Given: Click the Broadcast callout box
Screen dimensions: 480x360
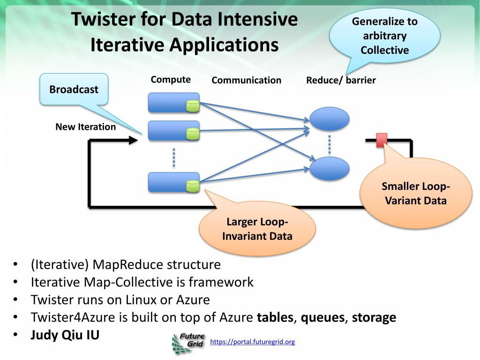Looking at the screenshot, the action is (x=74, y=89).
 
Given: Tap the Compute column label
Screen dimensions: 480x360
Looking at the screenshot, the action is (x=171, y=80).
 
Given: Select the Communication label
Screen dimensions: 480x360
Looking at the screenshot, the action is (x=247, y=80).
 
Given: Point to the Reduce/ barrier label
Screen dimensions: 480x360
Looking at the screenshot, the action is (x=341, y=80).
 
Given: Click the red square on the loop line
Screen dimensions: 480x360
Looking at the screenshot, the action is (x=382, y=140).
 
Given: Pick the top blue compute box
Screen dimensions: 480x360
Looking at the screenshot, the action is (x=173, y=103).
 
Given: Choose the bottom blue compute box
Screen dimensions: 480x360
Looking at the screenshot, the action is (x=173, y=182).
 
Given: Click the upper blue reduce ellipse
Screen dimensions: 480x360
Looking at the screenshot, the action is (x=330, y=119).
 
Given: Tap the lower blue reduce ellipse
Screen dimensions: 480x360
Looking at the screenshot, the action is (x=330, y=169).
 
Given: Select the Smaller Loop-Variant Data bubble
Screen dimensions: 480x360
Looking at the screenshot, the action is (x=416, y=193).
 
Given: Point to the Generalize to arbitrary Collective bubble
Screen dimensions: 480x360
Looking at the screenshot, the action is (x=385, y=36).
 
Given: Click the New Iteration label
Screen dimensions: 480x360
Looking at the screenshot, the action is (x=86, y=127).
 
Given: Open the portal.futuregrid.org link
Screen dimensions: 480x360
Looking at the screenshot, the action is (x=252, y=342).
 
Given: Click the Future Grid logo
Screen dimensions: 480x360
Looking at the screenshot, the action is (x=187, y=343).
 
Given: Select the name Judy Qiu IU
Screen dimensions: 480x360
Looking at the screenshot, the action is (x=65, y=335).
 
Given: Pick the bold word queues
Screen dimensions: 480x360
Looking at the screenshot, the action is (x=322, y=317).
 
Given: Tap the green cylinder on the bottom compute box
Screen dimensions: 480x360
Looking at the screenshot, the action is (x=193, y=186).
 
